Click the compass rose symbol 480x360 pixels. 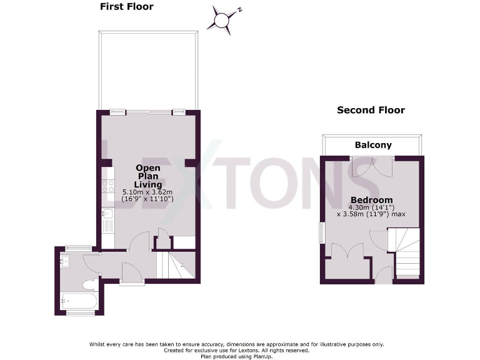coord(222,19)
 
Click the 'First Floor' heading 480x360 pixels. coord(126,7)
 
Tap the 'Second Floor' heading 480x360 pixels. coord(371,110)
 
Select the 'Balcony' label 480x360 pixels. coord(373,145)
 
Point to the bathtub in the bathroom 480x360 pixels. coord(79,301)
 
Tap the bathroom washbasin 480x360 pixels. coord(65,261)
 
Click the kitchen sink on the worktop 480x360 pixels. coord(106,216)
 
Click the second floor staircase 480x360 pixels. coord(405,252)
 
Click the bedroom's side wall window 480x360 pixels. coord(322,234)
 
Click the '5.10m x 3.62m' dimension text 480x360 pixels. coord(148,192)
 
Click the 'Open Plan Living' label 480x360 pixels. coord(148,176)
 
